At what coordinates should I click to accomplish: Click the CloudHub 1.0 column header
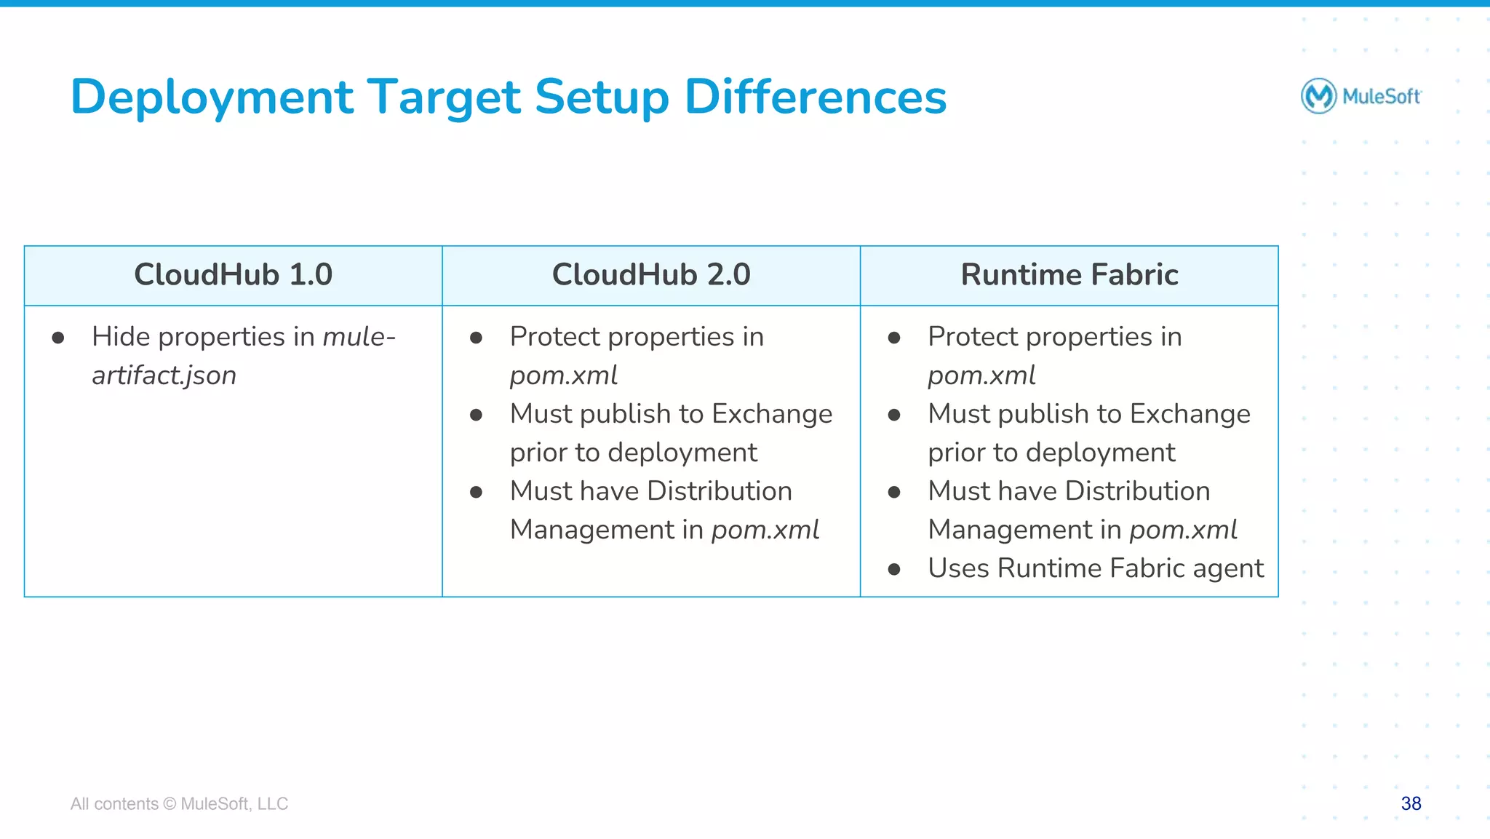pyautogui.click(x=233, y=275)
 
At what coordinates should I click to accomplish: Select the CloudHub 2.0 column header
pyautogui.click(x=650, y=275)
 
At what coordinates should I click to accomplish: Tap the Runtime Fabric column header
pyautogui.click(x=1069, y=275)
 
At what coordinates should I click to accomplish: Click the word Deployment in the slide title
pyautogui.click(x=212, y=98)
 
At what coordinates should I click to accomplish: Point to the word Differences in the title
pyautogui.click(x=815, y=98)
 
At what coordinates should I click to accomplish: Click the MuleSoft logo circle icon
pyautogui.click(x=1318, y=96)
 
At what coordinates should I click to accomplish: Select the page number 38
pyautogui.click(x=1411, y=803)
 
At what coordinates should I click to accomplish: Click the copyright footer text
pyautogui.click(x=179, y=804)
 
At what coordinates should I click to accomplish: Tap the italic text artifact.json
pyautogui.click(x=164, y=375)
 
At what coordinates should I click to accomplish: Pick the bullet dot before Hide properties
pyautogui.click(x=58, y=338)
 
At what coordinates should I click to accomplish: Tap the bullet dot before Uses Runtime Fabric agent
pyautogui.click(x=894, y=569)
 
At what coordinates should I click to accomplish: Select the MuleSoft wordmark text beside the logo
pyautogui.click(x=1381, y=96)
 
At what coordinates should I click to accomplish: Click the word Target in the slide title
pyautogui.click(x=444, y=98)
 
